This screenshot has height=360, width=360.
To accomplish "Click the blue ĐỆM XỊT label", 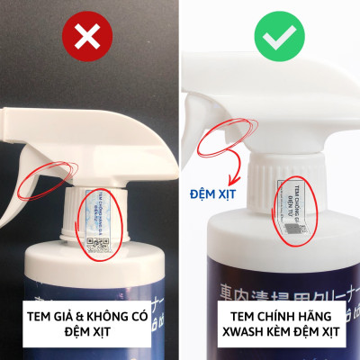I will pyautogui.click(x=214, y=193).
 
